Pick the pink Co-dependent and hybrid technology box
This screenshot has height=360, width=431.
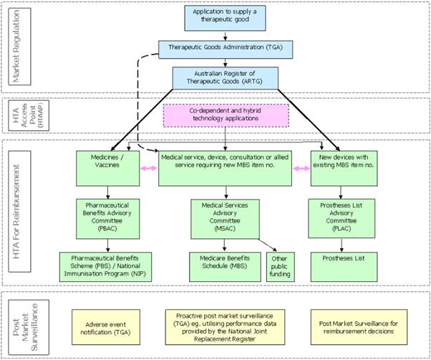(x=226, y=117)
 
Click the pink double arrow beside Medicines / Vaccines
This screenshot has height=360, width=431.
(x=149, y=167)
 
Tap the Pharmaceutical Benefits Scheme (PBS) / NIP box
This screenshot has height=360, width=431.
(x=107, y=262)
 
